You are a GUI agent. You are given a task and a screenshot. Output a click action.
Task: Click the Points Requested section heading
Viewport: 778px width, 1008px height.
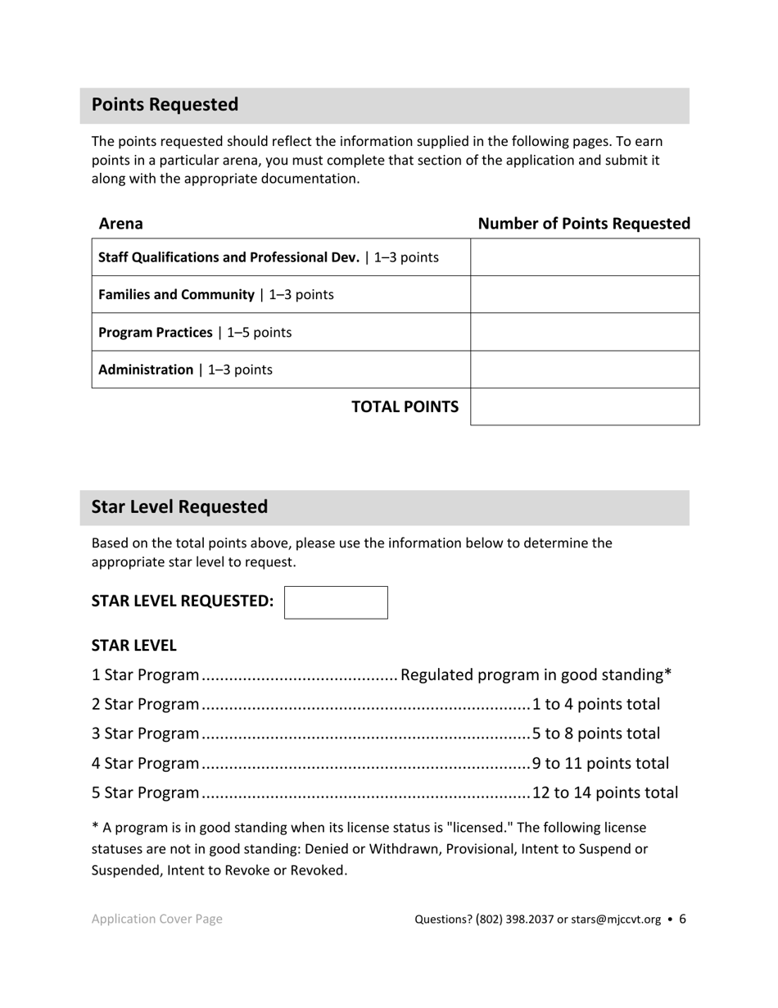click(165, 105)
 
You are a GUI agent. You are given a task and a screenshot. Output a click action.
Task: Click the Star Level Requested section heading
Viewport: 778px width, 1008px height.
click(179, 507)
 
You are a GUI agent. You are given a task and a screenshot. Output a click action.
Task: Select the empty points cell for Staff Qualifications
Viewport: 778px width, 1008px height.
click(585, 257)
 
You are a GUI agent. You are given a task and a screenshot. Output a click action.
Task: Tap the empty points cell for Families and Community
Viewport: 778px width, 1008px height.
click(585, 294)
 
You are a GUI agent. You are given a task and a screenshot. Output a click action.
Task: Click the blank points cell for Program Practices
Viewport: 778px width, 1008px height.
click(585, 332)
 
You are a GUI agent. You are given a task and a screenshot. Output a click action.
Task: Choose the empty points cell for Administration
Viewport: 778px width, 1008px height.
click(585, 370)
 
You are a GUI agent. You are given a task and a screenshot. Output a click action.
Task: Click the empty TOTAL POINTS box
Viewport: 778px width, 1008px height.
click(585, 406)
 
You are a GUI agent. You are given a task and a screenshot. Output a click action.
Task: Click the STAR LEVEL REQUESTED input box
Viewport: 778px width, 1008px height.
click(336, 602)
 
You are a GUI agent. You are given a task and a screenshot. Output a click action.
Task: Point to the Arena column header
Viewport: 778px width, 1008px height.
click(120, 224)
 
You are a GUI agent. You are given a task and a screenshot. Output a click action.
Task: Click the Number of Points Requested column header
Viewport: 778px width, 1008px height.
click(584, 224)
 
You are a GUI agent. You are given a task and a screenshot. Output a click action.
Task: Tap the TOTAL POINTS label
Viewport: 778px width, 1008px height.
click(405, 407)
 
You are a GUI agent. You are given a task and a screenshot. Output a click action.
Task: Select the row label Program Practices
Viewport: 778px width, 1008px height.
click(156, 333)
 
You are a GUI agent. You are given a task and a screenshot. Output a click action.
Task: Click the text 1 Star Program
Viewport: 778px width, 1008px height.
click(145, 675)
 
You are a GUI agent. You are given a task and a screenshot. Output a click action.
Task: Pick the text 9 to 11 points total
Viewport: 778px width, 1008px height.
click(600, 764)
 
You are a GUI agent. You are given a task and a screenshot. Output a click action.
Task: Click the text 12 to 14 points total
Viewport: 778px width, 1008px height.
click(605, 793)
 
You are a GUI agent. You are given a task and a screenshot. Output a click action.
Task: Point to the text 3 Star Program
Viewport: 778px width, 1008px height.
click(145, 734)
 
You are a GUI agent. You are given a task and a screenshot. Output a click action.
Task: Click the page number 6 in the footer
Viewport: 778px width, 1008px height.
click(682, 919)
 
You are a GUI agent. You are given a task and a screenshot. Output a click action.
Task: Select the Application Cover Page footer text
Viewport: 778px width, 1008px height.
click(156, 919)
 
